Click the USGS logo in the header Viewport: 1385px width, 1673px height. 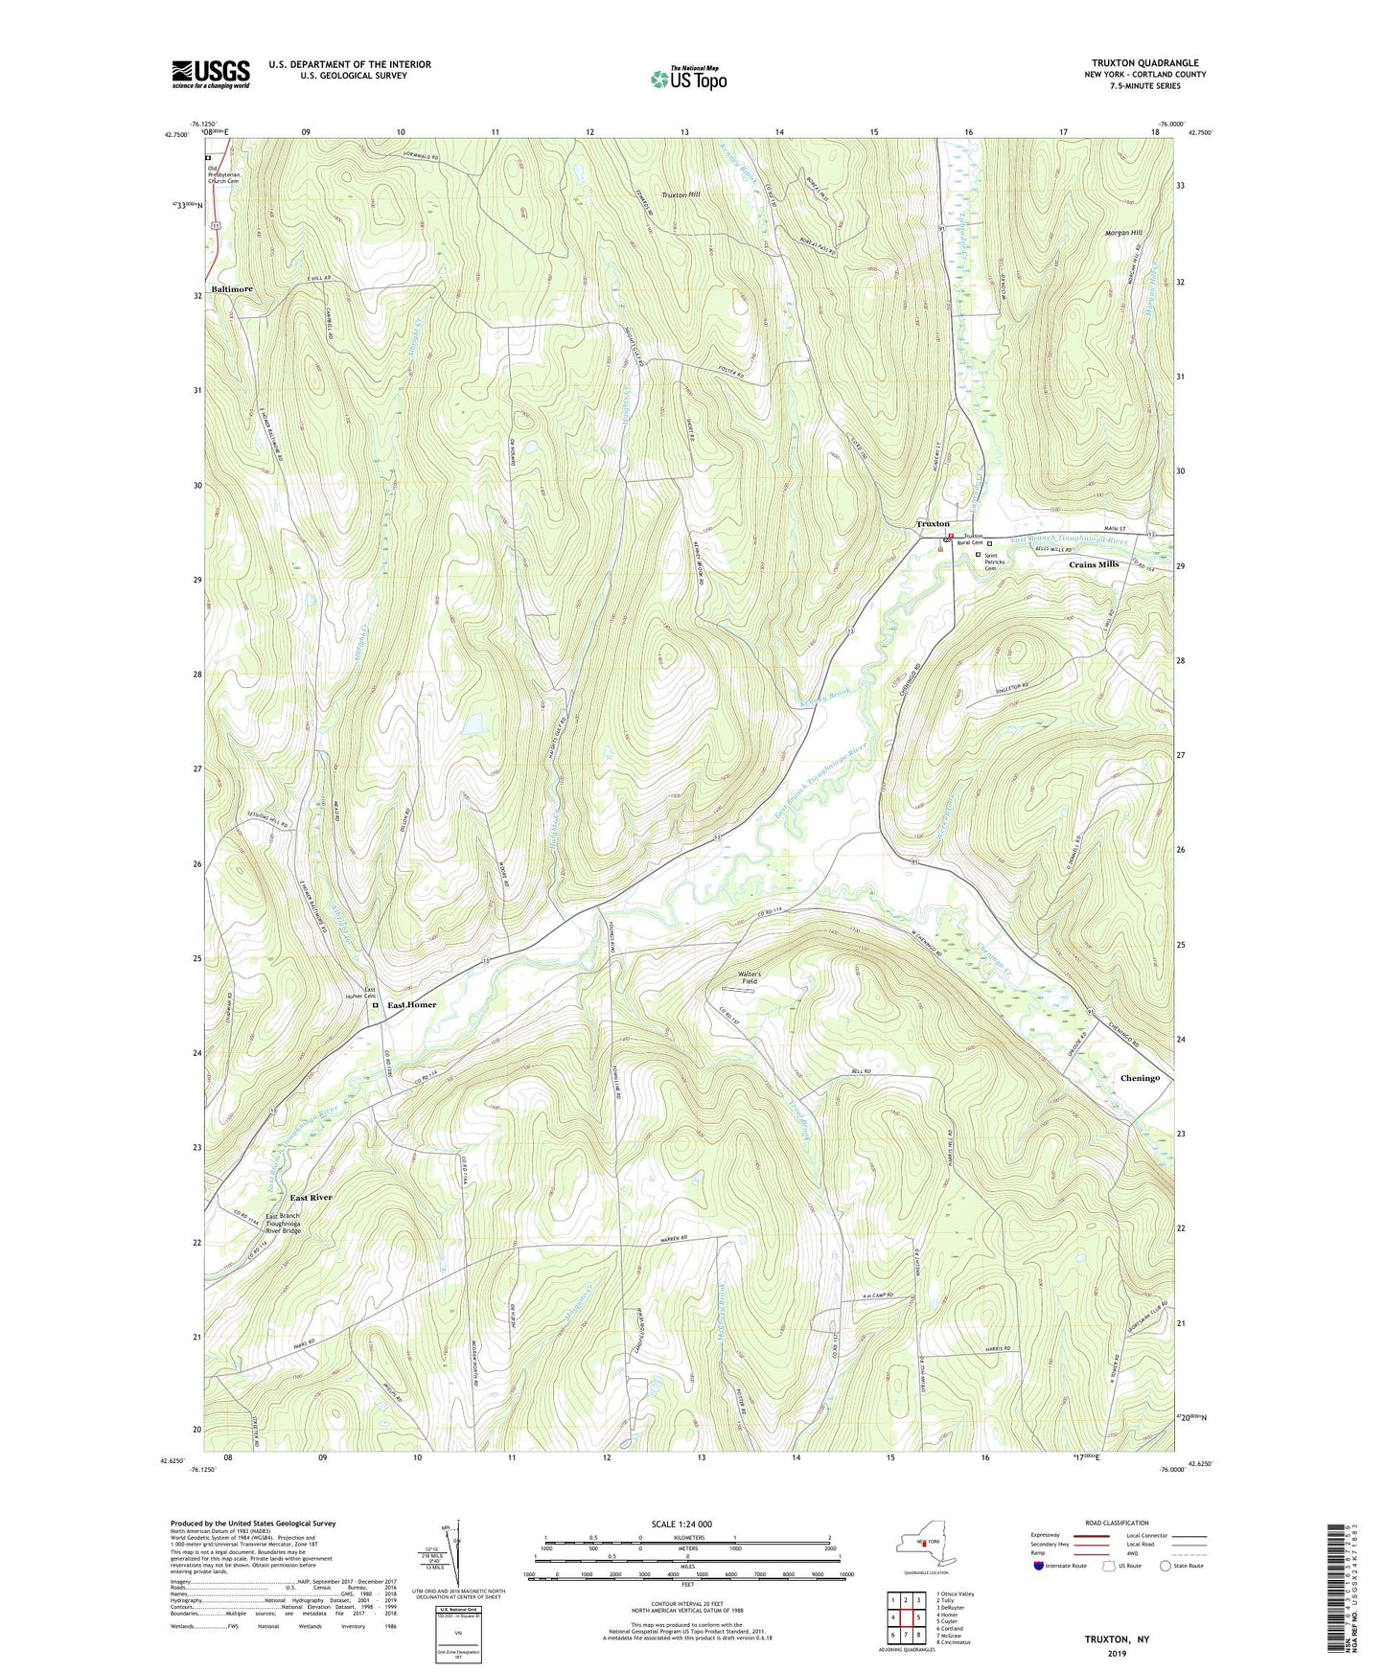coord(211,74)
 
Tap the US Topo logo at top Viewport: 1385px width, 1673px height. coord(688,79)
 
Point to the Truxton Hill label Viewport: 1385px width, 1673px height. coord(681,195)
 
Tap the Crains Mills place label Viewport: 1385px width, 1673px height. coord(1094,564)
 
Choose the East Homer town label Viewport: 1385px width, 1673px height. coord(411,1005)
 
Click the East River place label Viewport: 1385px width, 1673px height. coord(312,1198)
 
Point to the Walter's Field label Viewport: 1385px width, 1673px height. coord(750,977)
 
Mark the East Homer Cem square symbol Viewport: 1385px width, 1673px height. coord(375,1005)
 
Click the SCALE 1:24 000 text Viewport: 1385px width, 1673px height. coord(681,1524)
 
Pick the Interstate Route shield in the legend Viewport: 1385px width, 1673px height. coord(1040,1566)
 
